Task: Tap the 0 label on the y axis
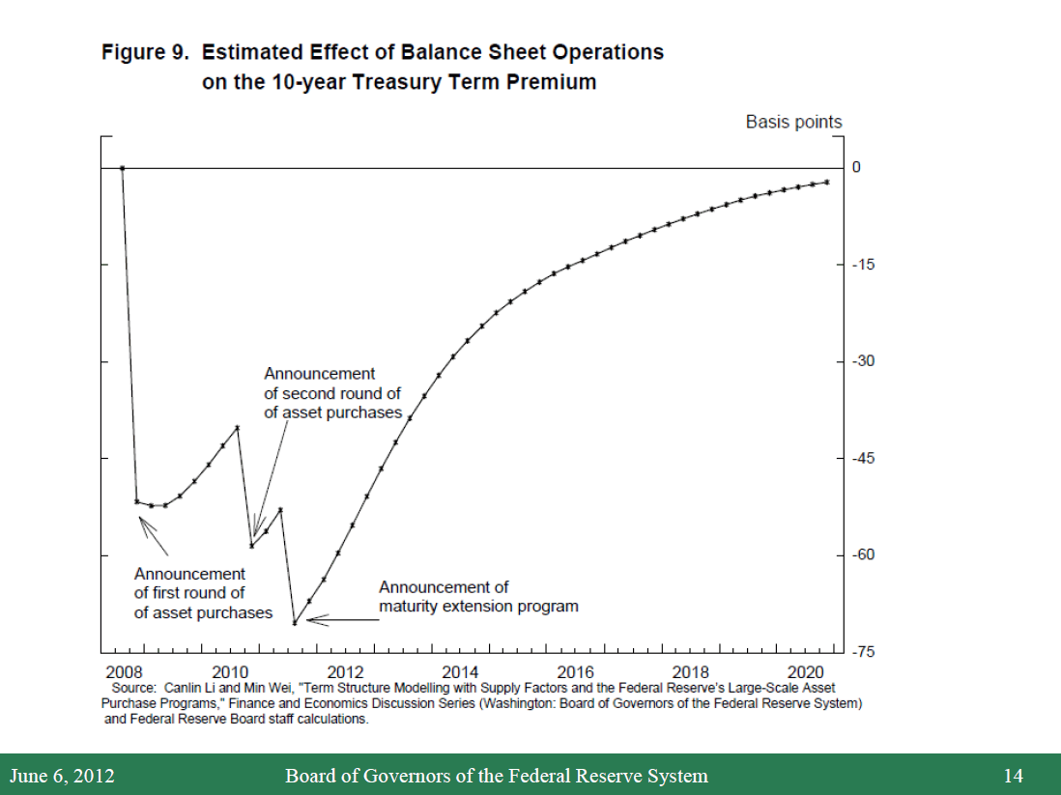(x=856, y=167)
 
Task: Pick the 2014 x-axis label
(x=460, y=672)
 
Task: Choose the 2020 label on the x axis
(x=805, y=672)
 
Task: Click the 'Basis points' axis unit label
(x=793, y=122)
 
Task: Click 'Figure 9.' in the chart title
(x=146, y=52)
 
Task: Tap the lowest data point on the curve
(x=294, y=622)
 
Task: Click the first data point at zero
(x=123, y=167)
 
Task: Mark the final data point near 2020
(x=826, y=182)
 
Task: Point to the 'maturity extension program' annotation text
(x=478, y=607)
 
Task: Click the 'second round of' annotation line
(x=331, y=393)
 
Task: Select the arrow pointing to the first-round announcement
(x=154, y=536)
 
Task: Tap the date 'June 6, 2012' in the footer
(x=62, y=776)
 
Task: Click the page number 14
(x=1013, y=776)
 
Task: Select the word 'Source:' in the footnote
(x=133, y=688)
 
